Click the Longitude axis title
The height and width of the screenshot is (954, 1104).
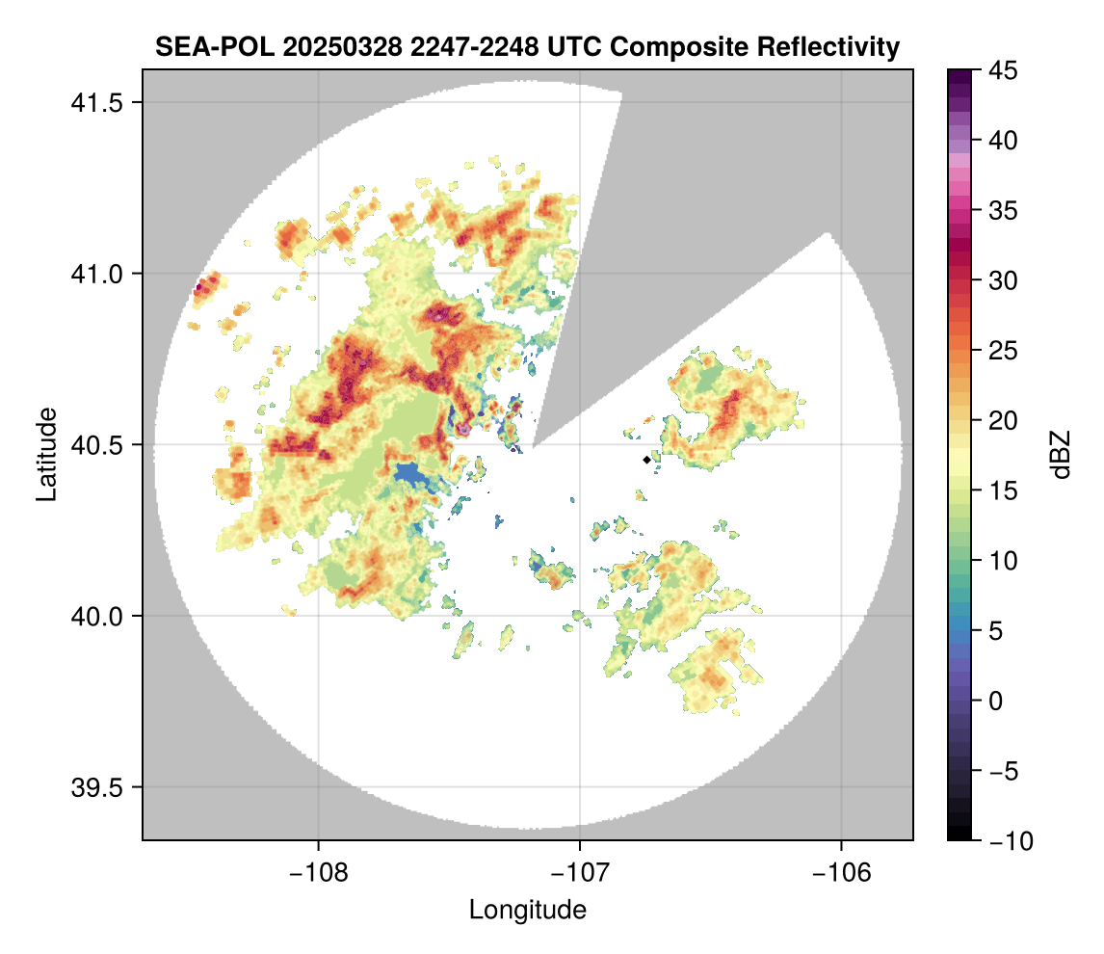click(x=527, y=909)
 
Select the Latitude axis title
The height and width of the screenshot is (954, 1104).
click(x=46, y=454)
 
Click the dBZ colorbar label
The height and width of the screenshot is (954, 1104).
click(x=1061, y=454)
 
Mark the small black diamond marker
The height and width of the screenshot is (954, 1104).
click(x=646, y=460)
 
